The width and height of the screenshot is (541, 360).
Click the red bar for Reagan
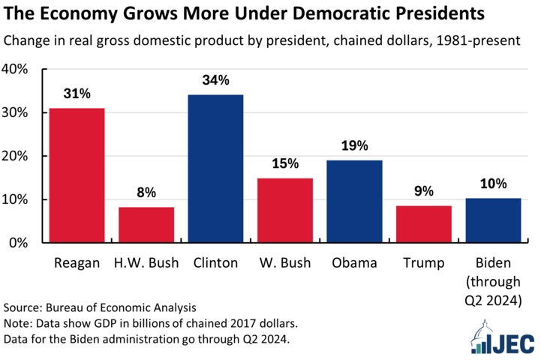(77, 175)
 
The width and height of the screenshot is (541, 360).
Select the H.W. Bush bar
(146, 225)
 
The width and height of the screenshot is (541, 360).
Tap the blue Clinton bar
(215, 169)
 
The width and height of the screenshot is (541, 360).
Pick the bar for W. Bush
(285, 211)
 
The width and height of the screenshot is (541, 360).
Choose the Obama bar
(354, 202)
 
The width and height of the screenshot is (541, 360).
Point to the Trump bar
(424, 224)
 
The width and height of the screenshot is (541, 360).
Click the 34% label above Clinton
(215, 79)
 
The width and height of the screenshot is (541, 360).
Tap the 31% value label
(77, 94)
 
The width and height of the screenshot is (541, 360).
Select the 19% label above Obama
(354, 145)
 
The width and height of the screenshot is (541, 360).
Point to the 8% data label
(146, 193)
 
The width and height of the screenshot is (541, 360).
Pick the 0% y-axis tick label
(18, 243)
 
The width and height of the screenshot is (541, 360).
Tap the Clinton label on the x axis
(215, 263)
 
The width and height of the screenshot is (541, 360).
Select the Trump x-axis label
(424, 263)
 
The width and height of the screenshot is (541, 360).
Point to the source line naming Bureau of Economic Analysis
(100, 307)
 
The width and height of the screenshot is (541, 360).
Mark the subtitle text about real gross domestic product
(271, 40)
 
